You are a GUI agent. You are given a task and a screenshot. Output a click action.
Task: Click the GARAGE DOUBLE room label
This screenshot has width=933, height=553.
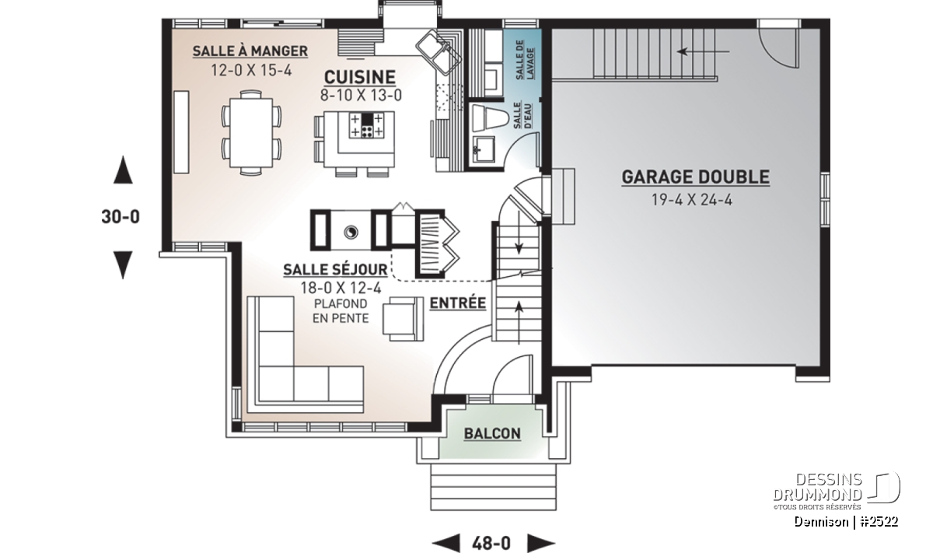click(x=696, y=177)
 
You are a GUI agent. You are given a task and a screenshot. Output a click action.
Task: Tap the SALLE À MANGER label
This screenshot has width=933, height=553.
click(x=250, y=51)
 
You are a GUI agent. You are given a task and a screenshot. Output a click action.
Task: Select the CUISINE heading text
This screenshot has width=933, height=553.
click(x=360, y=77)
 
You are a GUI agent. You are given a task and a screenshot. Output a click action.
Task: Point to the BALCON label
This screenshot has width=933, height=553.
click(x=492, y=433)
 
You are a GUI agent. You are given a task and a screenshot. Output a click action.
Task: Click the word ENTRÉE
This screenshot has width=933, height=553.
click(x=458, y=303)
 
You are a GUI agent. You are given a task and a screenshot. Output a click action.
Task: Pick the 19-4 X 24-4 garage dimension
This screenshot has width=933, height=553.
click(x=692, y=200)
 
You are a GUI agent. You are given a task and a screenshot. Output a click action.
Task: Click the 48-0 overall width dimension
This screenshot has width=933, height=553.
click(x=491, y=543)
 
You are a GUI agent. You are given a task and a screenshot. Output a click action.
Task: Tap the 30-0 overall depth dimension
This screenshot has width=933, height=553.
click(x=121, y=217)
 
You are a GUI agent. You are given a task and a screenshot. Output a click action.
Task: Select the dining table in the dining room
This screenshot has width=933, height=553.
click(x=251, y=132)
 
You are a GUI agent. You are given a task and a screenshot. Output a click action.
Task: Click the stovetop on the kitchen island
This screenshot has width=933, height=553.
click(x=366, y=124)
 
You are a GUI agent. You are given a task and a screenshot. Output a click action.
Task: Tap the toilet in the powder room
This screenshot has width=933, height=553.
click(x=490, y=117)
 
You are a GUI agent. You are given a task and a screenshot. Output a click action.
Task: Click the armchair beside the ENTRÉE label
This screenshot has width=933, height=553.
click(x=404, y=319)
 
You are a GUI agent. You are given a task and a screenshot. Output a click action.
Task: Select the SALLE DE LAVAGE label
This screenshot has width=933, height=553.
click(x=525, y=60)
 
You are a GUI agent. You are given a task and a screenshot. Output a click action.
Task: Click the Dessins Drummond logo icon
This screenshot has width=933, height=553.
click(x=884, y=487)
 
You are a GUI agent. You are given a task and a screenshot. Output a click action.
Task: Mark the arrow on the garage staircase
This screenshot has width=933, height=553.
click(x=703, y=51)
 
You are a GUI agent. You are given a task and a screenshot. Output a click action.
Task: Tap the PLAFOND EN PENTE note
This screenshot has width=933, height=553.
click(x=341, y=311)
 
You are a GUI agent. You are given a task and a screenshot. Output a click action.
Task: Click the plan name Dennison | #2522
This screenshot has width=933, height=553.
click(x=846, y=522)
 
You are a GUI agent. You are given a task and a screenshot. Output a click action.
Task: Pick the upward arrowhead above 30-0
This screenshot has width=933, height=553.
click(x=124, y=170)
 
